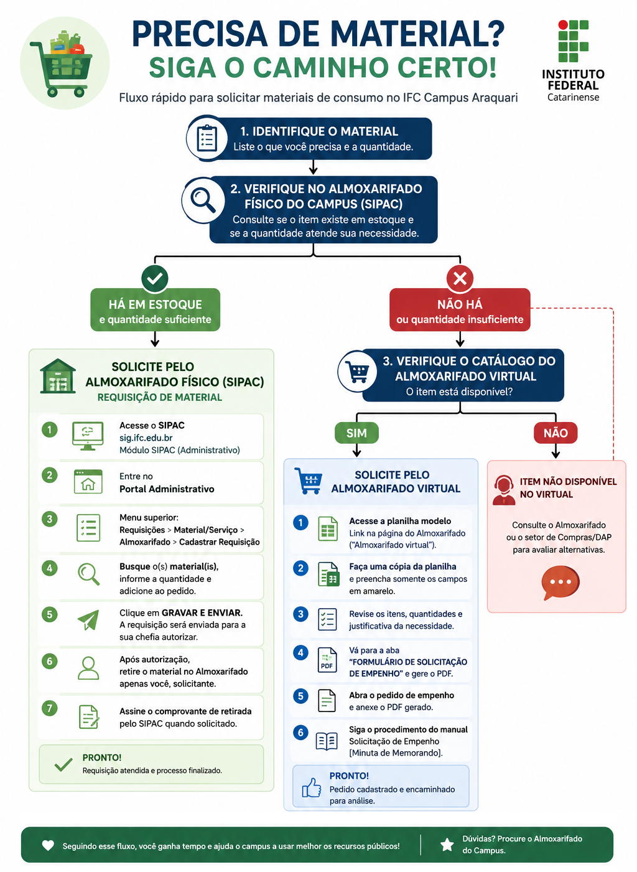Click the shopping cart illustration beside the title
(x=62, y=64)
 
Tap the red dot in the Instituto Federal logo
(x=563, y=25)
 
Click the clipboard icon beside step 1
(x=207, y=138)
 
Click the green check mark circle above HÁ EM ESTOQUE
(x=155, y=278)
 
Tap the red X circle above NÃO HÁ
(x=460, y=278)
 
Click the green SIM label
(x=356, y=433)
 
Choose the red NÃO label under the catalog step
(x=556, y=433)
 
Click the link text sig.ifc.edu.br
(x=146, y=438)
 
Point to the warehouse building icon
(x=58, y=376)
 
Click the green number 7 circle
(x=49, y=708)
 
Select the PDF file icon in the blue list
(x=327, y=660)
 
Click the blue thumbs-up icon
(x=312, y=787)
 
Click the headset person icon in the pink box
(x=503, y=490)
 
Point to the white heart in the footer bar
(x=48, y=845)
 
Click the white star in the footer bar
(x=447, y=845)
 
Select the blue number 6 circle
(x=300, y=732)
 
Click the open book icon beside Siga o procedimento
(x=327, y=741)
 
